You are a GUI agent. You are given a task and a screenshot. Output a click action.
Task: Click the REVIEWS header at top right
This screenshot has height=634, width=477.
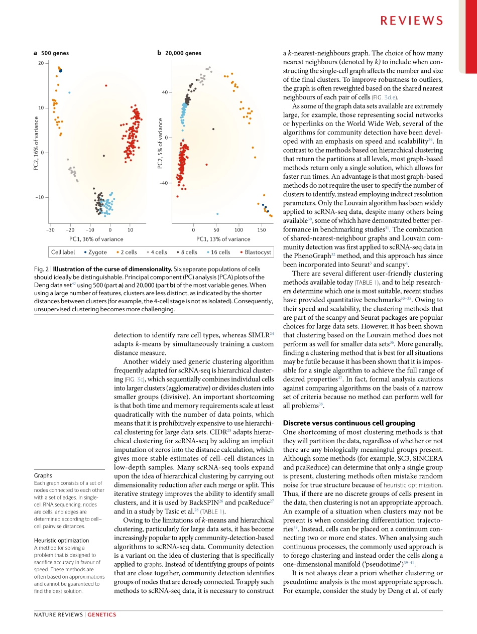(411, 21)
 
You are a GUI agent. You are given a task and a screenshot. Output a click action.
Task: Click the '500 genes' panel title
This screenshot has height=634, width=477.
(55, 53)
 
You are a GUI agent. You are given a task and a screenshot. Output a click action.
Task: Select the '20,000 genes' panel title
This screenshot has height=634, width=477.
(183, 53)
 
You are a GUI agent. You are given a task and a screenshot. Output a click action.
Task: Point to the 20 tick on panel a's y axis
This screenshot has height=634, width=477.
(41, 63)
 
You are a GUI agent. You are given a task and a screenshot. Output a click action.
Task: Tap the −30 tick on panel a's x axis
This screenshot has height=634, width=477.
(50, 229)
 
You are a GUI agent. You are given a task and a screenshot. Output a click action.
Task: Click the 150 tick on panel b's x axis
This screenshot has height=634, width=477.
(262, 229)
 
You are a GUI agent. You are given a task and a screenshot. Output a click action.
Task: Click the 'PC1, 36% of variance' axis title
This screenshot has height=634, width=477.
(96, 239)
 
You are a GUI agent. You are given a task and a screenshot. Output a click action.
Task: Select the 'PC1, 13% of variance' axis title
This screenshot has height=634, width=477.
(223, 239)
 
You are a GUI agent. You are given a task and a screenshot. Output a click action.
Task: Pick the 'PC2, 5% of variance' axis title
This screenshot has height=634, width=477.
(160, 143)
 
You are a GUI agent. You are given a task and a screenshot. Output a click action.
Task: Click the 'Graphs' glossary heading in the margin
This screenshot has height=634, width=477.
(43, 475)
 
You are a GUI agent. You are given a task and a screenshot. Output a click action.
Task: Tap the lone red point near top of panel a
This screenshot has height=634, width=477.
(106, 85)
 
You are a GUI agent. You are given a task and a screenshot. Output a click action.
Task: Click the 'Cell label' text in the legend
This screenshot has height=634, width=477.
(63, 252)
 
